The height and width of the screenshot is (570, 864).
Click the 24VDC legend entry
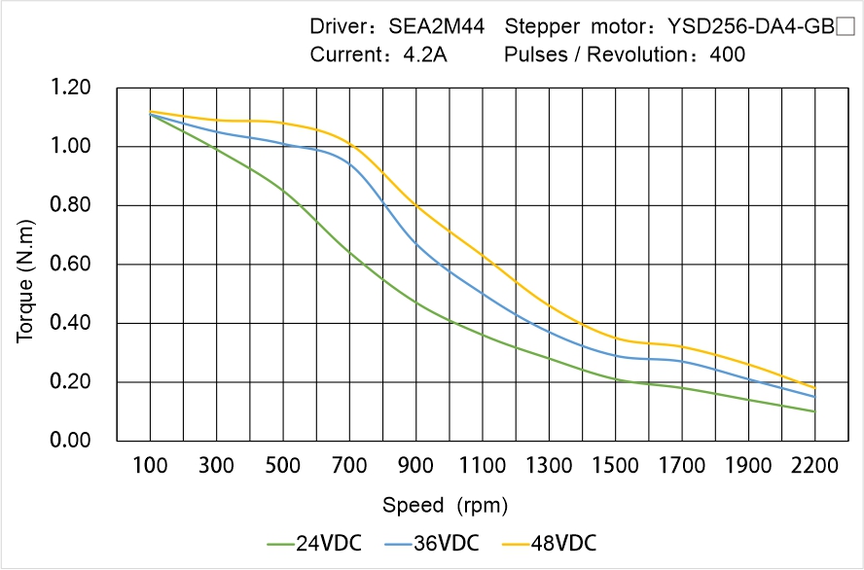[x=313, y=543]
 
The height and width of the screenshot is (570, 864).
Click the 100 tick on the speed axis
[x=150, y=466]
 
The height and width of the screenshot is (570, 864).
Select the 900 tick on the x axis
[x=416, y=466]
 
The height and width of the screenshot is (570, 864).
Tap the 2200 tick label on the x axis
[x=814, y=466]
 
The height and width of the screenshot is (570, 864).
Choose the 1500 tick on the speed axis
[x=615, y=466]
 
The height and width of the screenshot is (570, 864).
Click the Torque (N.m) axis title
[x=26, y=265]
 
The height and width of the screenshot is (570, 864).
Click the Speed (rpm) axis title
[x=445, y=505]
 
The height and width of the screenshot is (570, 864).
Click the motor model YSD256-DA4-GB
[x=749, y=27]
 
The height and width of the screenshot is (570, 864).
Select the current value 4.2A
[x=425, y=54]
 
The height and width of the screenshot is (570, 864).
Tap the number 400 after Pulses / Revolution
[x=728, y=54]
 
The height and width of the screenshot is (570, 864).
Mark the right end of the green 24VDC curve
[x=814, y=411]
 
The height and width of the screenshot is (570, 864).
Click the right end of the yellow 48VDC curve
[x=814, y=388]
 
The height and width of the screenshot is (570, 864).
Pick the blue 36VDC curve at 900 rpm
[x=416, y=241]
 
